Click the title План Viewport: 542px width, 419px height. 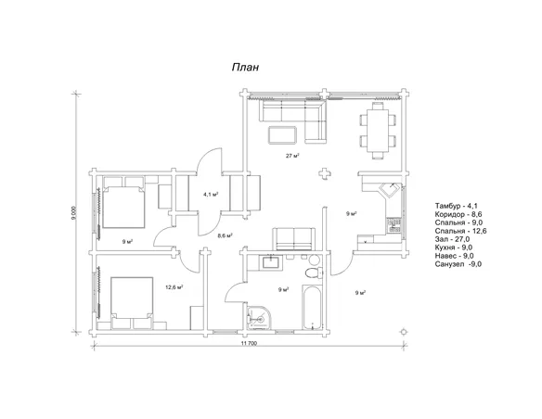tap(245, 68)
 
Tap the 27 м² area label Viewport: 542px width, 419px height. tap(292, 156)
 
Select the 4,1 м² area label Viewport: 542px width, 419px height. tap(211, 195)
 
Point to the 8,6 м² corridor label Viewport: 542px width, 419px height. tap(225, 235)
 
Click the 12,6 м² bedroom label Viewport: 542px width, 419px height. tap(174, 286)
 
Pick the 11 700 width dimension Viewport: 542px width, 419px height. tap(249, 343)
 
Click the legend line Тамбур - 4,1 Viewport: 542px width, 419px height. tap(457, 206)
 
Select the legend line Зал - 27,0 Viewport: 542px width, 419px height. tap(453, 239)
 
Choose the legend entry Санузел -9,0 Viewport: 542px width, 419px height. tap(458, 264)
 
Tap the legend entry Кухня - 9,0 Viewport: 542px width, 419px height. tap(454, 248)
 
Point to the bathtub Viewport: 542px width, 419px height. tap(313, 307)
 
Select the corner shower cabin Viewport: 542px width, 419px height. tap(259, 317)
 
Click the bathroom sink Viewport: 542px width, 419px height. tap(272, 262)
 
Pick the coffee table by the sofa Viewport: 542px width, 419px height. tap(282, 134)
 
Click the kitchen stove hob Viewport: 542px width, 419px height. tap(394, 224)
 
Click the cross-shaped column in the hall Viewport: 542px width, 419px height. tap(324, 173)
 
